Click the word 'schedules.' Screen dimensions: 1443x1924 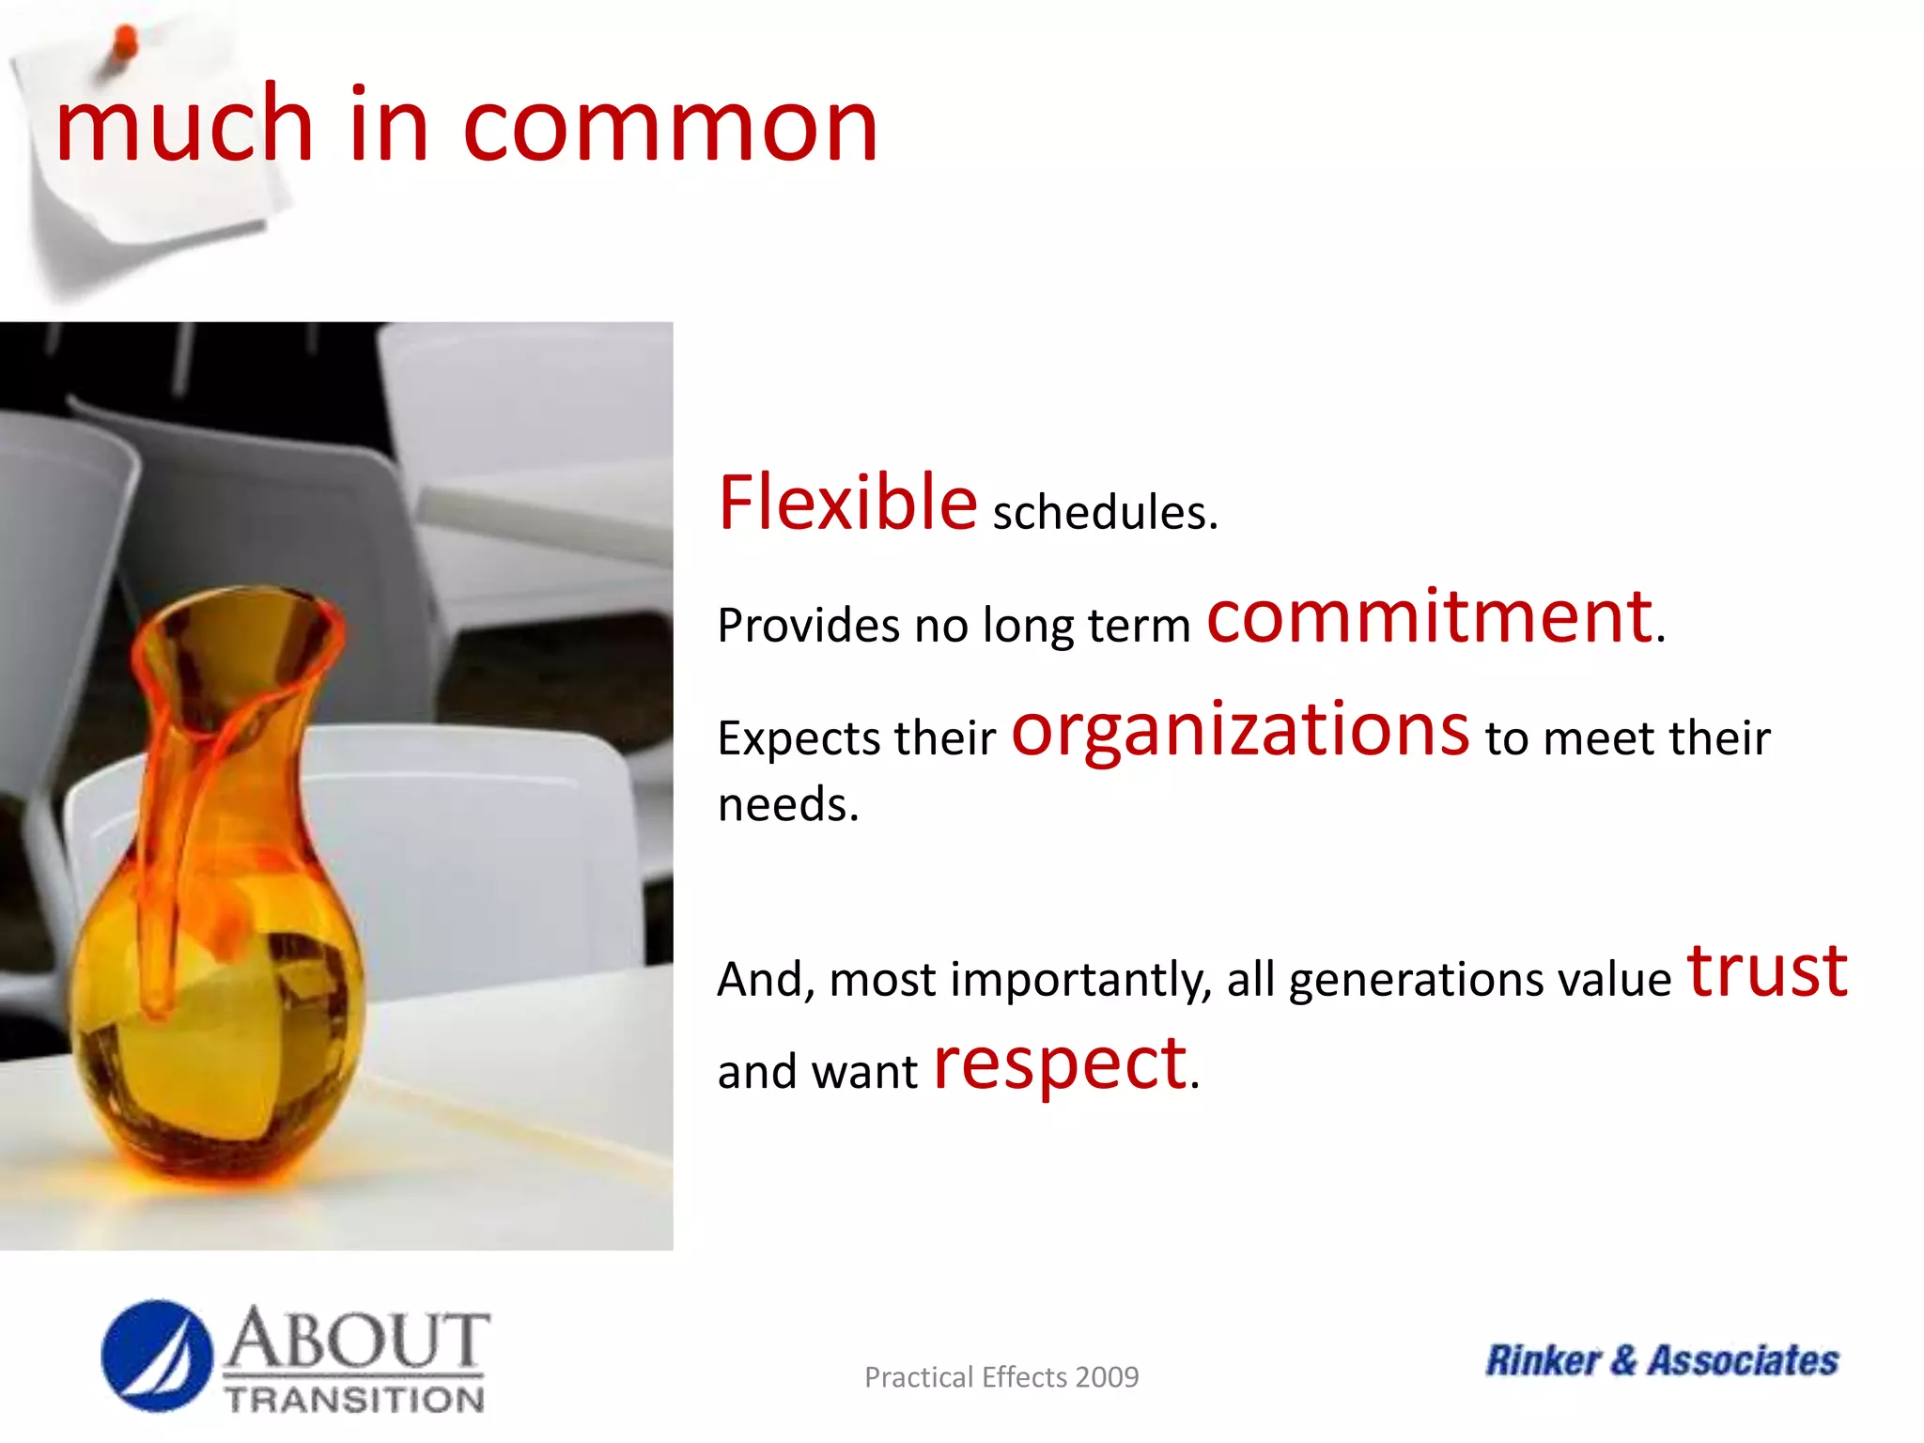tap(1105, 513)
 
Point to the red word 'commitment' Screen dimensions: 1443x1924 tap(1429, 617)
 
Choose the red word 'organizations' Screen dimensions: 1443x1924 tap(1240, 732)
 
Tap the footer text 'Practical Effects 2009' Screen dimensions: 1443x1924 tap(1001, 1377)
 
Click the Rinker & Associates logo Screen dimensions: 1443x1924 tap(1662, 1360)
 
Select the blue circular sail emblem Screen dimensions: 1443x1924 tap(157, 1356)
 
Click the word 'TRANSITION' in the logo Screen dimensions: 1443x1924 tap(354, 1399)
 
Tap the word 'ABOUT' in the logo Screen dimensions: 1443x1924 tap(357, 1340)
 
